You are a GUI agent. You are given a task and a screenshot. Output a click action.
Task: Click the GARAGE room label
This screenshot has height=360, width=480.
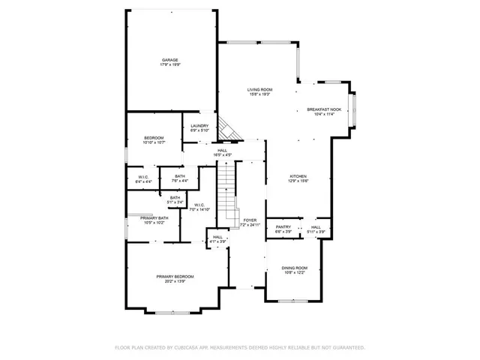[170, 60]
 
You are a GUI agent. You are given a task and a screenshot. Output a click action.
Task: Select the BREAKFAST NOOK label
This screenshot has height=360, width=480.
[324, 109]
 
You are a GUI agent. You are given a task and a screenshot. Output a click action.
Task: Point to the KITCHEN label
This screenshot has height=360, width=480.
[299, 176]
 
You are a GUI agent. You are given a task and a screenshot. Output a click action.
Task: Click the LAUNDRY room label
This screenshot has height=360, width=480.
[199, 125]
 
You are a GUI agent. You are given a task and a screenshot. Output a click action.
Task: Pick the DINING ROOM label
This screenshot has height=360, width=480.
[295, 268]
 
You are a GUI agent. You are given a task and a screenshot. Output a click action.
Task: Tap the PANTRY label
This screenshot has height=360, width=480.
[283, 226]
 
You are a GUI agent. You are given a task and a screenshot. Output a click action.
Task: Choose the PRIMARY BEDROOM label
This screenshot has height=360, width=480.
[175, 277]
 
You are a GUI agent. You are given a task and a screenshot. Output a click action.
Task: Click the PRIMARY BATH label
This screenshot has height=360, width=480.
[154, 217]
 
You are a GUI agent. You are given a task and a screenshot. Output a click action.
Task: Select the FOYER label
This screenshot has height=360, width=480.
[250, 220]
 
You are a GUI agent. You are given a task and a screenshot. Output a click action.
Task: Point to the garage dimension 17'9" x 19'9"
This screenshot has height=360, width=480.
[170, 65]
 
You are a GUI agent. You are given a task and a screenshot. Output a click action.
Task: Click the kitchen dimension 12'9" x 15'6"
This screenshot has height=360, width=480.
[299, 181]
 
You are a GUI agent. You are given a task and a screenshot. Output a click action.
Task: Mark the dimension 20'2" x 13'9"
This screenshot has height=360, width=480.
[175, 282]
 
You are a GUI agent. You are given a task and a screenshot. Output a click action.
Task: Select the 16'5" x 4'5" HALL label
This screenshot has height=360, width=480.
[223, 150]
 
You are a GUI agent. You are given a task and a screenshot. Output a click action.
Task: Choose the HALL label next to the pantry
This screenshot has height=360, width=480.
[316, 226]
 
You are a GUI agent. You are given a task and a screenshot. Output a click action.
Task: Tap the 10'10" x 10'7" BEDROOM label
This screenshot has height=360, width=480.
[154, 139]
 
